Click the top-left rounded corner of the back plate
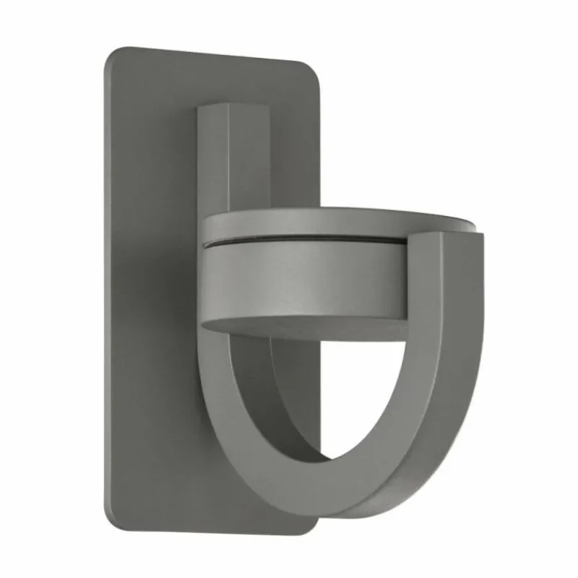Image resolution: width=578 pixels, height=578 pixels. [110, 55]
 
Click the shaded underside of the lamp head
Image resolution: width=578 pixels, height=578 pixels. [318, 329]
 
